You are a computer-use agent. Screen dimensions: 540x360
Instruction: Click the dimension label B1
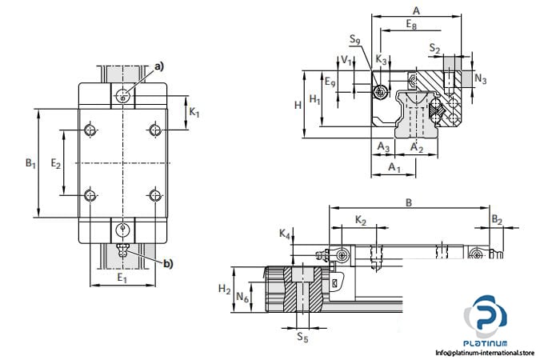coord(30,163)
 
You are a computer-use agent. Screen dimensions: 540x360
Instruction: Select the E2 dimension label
coord(56,163)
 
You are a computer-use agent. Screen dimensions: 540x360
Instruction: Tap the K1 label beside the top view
coord(194,112)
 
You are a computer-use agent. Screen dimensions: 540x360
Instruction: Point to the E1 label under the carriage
coord(122,278)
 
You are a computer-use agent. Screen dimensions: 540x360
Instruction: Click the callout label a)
coord(159,66)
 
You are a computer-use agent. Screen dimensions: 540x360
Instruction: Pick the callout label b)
coord(168,264)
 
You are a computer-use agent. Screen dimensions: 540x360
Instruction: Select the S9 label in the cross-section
coord(355,39)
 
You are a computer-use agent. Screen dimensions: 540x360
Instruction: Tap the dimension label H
coord(298,105)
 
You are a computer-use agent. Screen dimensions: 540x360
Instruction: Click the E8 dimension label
coord(411,25)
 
